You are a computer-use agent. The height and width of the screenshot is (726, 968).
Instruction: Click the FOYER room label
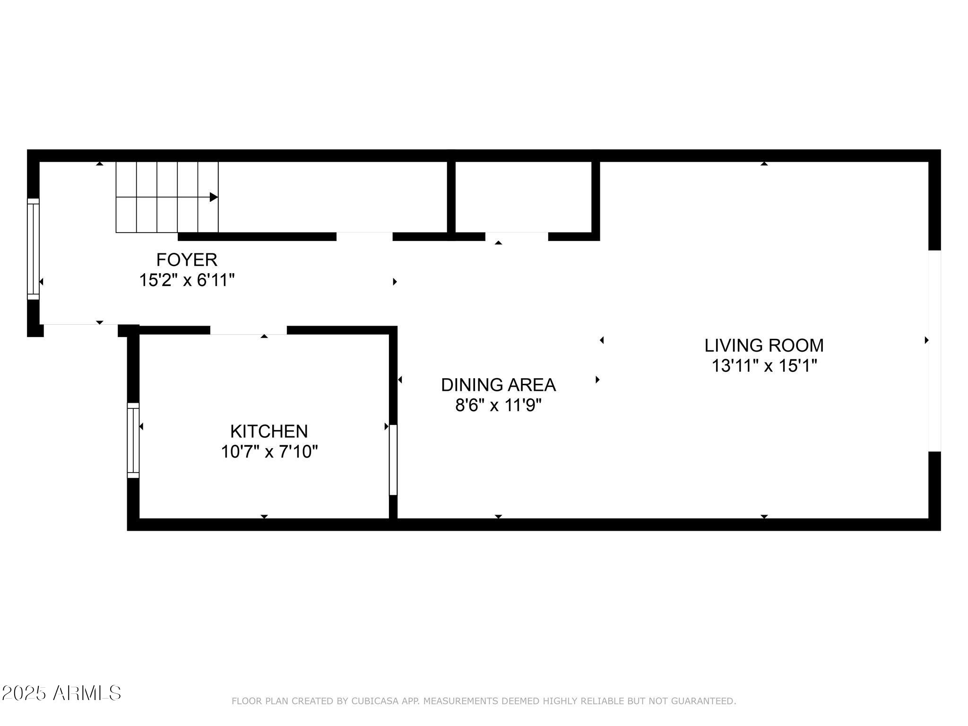tap(187, 260)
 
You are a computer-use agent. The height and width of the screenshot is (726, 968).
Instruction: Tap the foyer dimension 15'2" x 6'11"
tap(187, 281)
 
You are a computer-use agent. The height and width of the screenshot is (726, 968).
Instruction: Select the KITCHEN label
tap(269, 431)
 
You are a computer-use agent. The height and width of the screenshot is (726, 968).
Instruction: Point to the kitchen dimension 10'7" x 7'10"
tap(269, 452)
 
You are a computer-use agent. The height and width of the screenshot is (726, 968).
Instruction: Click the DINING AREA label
tap(498, 385)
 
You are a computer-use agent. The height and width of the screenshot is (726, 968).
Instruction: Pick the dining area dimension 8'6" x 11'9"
tap(498, 406)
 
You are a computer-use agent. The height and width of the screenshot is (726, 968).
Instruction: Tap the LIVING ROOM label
tap(764, 346)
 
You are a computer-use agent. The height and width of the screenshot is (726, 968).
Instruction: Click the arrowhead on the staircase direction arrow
tap(214, 197)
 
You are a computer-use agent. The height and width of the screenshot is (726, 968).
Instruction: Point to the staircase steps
tap(167, 197)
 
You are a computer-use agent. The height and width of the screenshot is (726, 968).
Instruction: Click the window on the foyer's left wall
tap(33, 249)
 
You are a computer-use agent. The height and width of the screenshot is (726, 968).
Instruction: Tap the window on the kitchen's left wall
tap(133, 440)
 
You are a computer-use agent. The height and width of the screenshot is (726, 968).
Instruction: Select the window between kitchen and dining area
tap(393, 459)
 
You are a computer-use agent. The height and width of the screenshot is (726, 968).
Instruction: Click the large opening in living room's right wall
tap(934, 350)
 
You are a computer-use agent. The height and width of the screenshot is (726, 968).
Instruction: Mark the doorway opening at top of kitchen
tap(248, 330)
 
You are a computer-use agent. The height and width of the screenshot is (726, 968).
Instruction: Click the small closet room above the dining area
tap(523, 197)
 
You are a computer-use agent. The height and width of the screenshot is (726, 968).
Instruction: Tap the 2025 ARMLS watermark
tap(61, 693)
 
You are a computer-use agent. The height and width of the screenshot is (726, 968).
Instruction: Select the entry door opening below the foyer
tap(80, 324)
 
